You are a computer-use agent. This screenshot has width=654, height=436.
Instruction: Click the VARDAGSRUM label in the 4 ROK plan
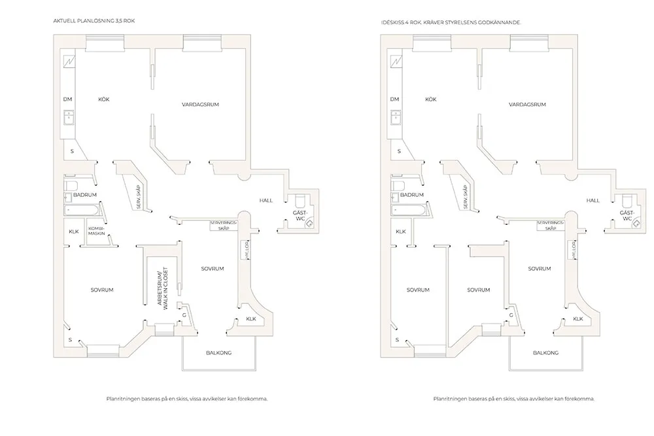(527, 105)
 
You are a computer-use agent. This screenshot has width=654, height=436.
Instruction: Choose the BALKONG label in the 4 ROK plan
(545, 353)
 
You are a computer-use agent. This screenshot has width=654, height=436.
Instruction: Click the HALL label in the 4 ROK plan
(593, 200)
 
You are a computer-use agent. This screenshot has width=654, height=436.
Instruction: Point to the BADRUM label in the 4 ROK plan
(412, 195)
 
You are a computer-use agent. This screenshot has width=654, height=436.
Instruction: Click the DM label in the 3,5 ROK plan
(67, 99)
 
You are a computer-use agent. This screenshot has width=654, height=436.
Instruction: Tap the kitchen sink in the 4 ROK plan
(396, 118)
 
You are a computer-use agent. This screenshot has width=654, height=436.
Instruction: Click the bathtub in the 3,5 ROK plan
(84, 211)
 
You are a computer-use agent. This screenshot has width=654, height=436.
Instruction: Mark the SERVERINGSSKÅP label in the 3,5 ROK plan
(224, 226)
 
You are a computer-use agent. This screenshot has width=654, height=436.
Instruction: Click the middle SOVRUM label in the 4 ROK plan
(479, 289)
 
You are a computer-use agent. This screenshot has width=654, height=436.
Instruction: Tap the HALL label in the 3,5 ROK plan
(266, 200)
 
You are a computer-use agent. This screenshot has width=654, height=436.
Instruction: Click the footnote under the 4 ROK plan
(514, 398)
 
